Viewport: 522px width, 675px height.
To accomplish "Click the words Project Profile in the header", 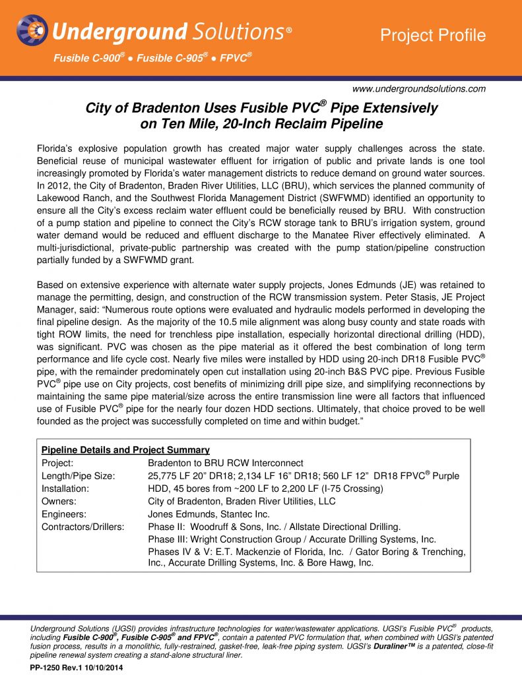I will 434,36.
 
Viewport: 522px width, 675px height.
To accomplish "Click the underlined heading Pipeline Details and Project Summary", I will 125,450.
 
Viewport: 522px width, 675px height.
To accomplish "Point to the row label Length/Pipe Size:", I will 79,476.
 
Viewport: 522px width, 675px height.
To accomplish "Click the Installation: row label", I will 65,488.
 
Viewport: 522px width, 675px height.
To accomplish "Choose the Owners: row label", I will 59,501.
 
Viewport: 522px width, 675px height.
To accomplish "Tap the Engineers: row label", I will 63,514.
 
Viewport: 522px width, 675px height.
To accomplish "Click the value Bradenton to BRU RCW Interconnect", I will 226,463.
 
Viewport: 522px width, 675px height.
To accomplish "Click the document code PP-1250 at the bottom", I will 51,668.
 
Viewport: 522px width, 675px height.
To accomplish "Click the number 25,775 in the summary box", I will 164,476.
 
